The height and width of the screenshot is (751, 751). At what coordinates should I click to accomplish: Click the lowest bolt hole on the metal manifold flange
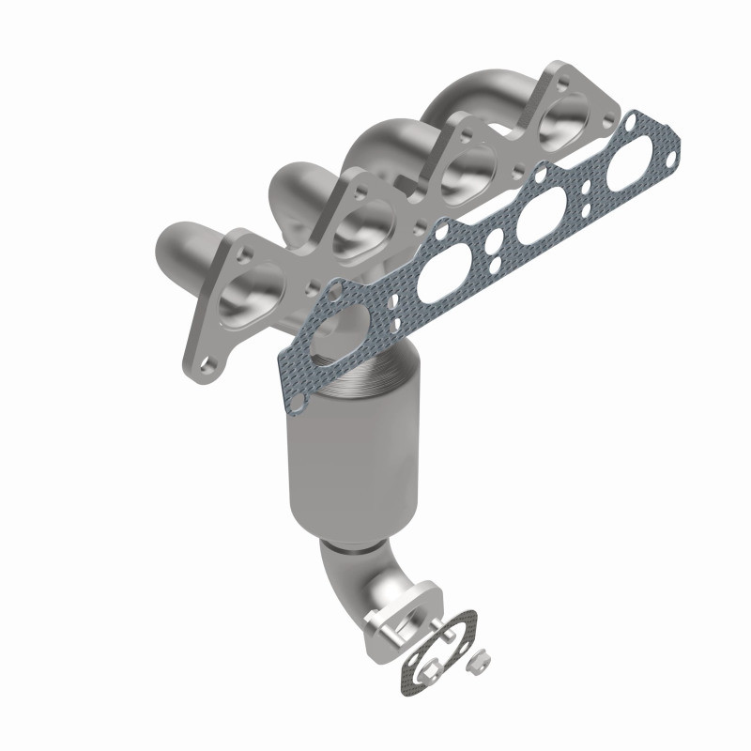point(209,360)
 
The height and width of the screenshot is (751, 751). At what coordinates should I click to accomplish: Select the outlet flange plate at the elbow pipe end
point(399,623)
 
